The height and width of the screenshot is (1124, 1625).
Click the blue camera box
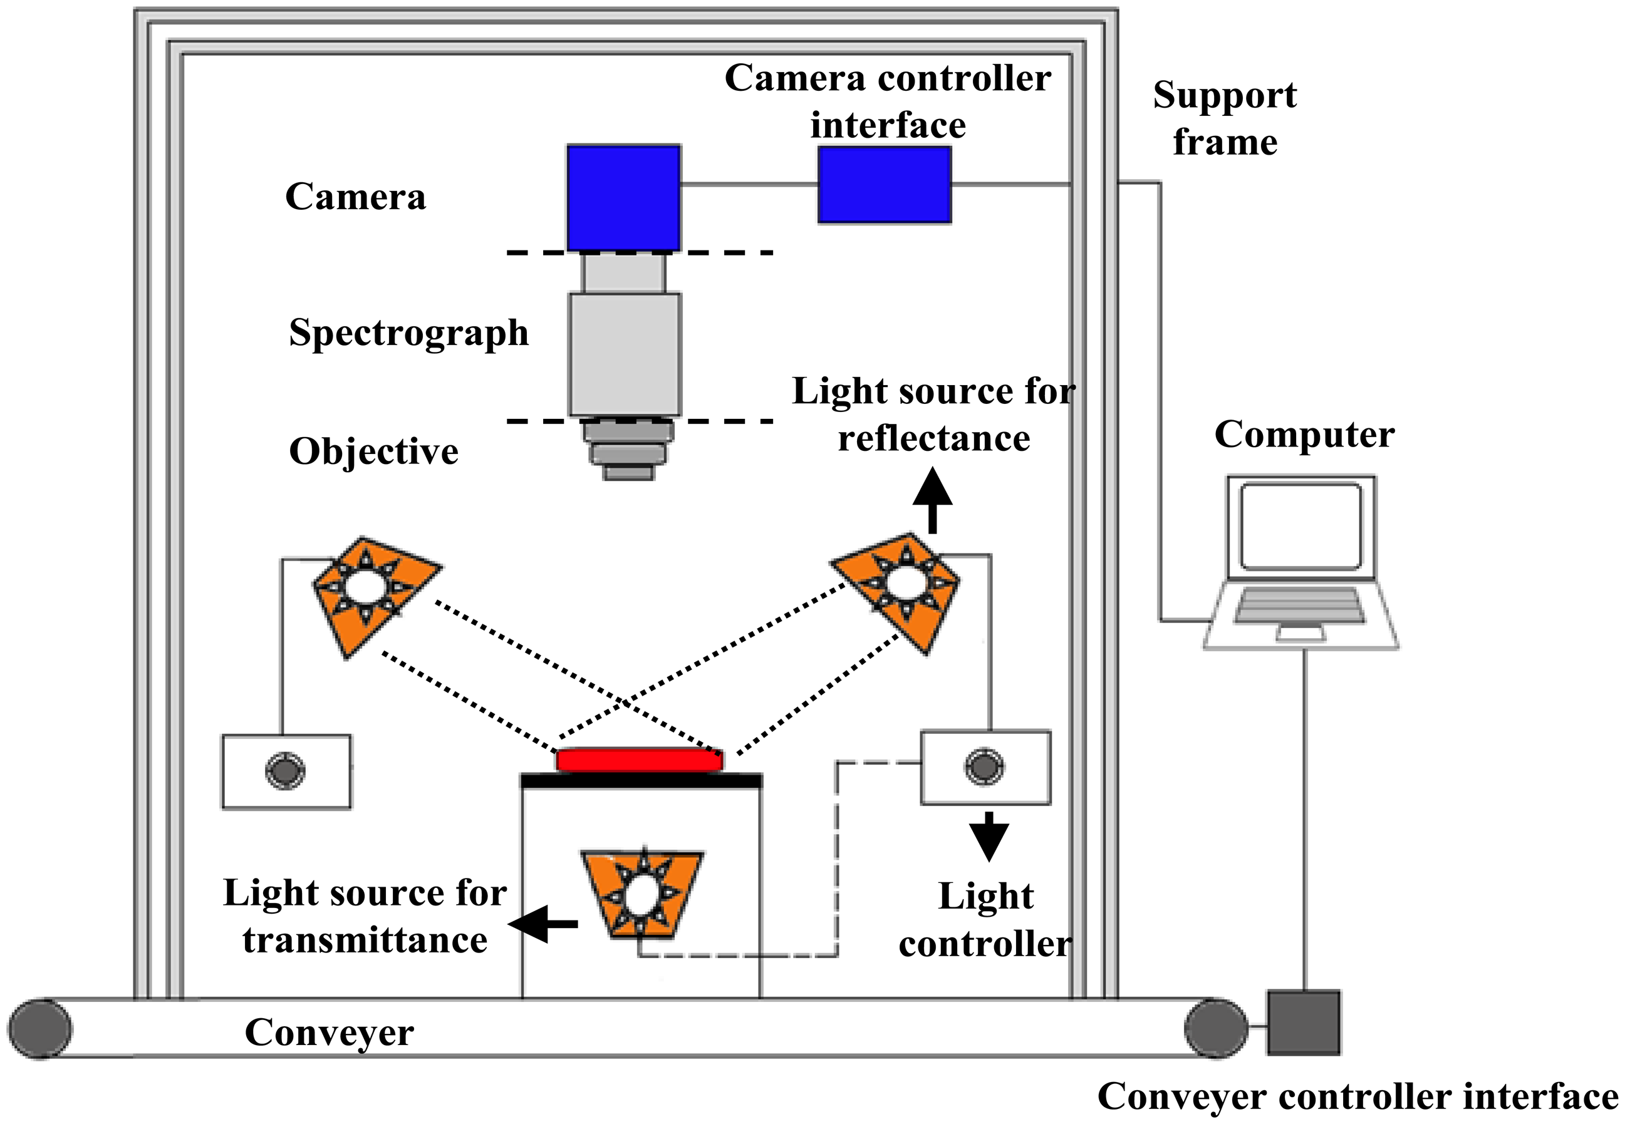(623, 198)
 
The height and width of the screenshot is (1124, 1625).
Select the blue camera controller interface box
(884, 185)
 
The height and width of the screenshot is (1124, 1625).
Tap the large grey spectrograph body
(625, 354)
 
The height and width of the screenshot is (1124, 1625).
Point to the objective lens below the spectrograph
(628, 450)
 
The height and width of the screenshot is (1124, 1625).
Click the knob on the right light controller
(984, 766)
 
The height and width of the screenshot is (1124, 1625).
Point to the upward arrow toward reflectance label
(933, 502)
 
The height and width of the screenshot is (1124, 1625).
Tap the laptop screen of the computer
(1301, 526)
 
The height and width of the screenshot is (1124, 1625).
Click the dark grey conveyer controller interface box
(1303, 1023)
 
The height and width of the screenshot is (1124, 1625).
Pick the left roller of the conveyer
(40, 1028)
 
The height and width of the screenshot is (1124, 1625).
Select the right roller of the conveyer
(1215, 1028)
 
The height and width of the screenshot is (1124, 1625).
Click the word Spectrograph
(408, 333)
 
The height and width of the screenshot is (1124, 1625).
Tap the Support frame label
(1224, 118)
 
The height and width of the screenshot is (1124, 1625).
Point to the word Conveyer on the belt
(329, 1033)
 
